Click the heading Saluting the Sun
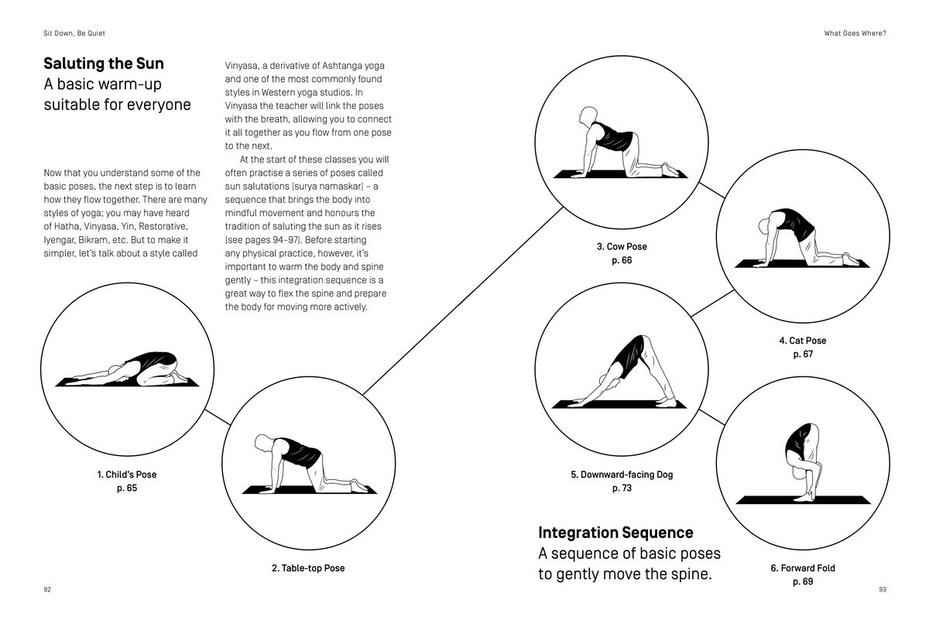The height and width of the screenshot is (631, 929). [x=104, y=63]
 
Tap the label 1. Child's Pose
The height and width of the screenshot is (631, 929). [x=126, y=475]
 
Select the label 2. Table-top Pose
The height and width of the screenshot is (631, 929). [x=308, y=568]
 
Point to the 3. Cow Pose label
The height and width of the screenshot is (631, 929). [x=622, y=247]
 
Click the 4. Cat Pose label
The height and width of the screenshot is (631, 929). [x=802, y=341]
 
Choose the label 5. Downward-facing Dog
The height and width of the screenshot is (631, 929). [x=622, y=475]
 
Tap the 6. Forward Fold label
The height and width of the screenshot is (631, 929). [x=802, y=568]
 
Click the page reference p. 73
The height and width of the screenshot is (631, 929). [x=622, y=489]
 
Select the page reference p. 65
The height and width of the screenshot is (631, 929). [x=126, y=489]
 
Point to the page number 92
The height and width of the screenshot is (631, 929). [x=47, y=590]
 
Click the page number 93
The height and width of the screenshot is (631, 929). [x=883, y=590]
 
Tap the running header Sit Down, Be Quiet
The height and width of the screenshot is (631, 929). [x=74, y=33]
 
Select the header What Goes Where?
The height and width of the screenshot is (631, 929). [x=855, y=33]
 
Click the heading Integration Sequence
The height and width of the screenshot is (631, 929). [x=615, y=533]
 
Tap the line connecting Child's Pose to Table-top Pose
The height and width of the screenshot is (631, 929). [x=218, y=417]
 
